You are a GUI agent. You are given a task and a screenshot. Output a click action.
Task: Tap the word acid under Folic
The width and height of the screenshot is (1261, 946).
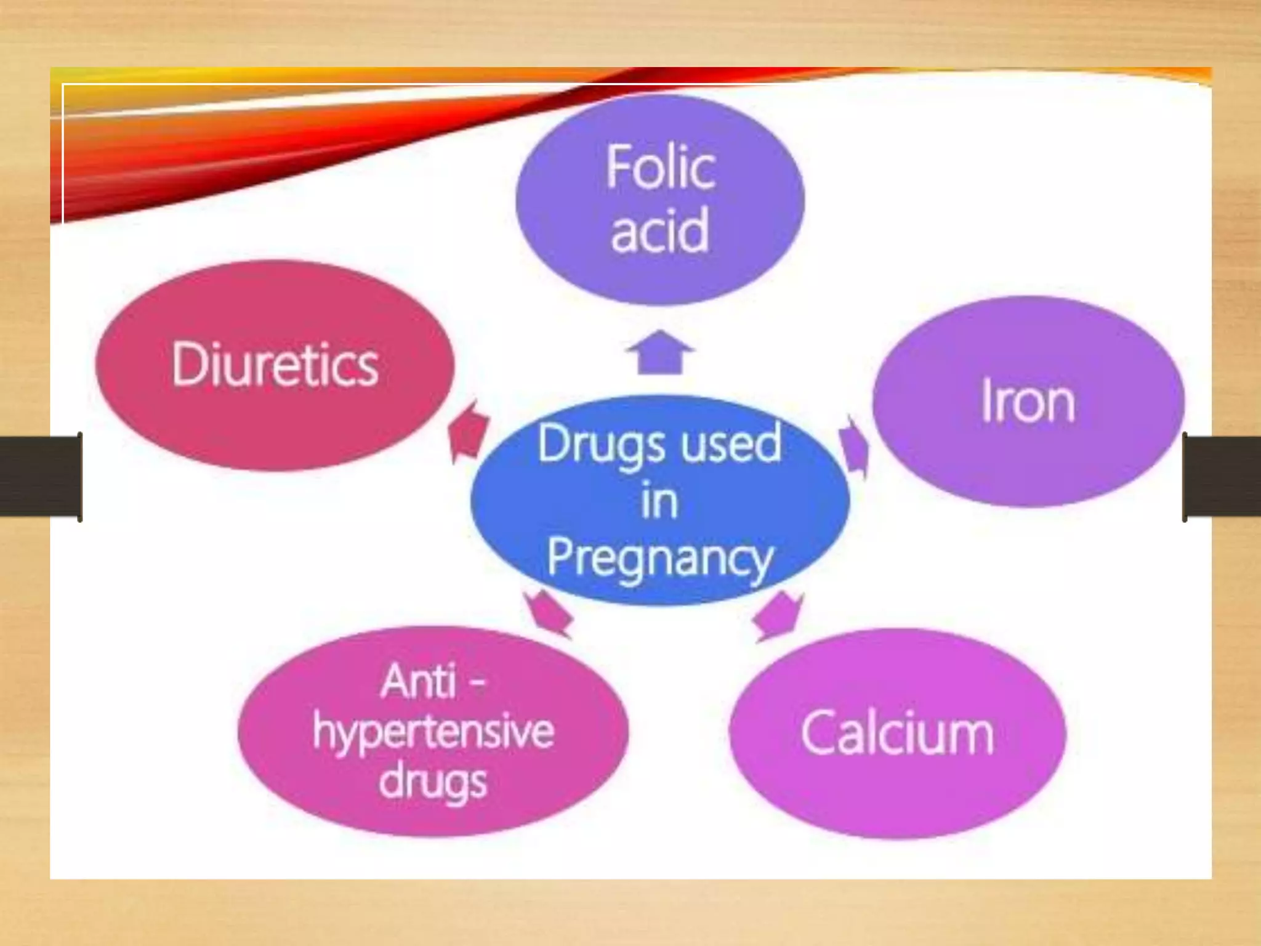(x=659, y=230)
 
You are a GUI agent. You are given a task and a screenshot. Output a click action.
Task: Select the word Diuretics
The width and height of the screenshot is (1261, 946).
(x=275, y=365)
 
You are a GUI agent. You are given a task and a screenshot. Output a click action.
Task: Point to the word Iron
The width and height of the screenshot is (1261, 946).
(x=1028, y=402)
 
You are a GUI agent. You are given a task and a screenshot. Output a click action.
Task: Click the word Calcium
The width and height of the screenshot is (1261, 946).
(x=897, y=734)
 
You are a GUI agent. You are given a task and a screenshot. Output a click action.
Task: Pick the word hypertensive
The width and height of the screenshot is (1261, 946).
(x=433, y=732)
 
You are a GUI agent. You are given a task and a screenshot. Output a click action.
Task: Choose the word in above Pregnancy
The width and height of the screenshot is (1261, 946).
(x=659, y=501)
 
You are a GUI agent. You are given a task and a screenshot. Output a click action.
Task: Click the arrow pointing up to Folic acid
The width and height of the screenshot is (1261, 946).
(x=660, y=352)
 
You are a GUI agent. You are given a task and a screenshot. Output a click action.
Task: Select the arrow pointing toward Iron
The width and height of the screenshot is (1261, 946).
(x=855, y=445)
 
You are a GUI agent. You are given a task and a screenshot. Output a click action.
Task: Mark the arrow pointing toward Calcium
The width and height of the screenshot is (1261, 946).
(x=778, y=616)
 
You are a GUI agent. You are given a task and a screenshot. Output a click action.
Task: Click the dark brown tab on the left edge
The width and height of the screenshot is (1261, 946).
(x=41, y=476)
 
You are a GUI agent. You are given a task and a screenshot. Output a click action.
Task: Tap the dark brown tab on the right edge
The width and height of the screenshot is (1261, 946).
(x=1222, y=476)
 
